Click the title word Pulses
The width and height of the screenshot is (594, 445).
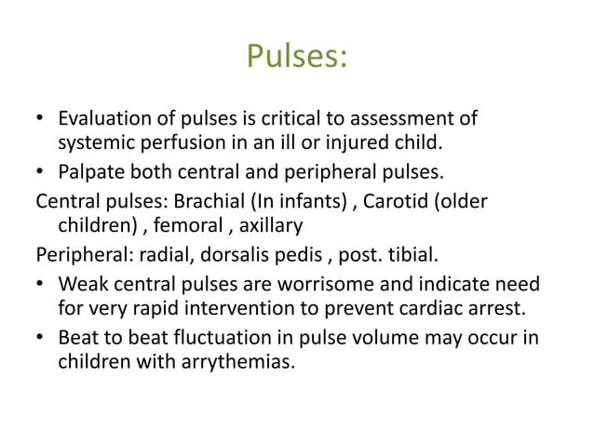click(297, 59)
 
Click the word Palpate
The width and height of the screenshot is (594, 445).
click(89, 172)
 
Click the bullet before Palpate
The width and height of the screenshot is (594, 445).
click(41, 173)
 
